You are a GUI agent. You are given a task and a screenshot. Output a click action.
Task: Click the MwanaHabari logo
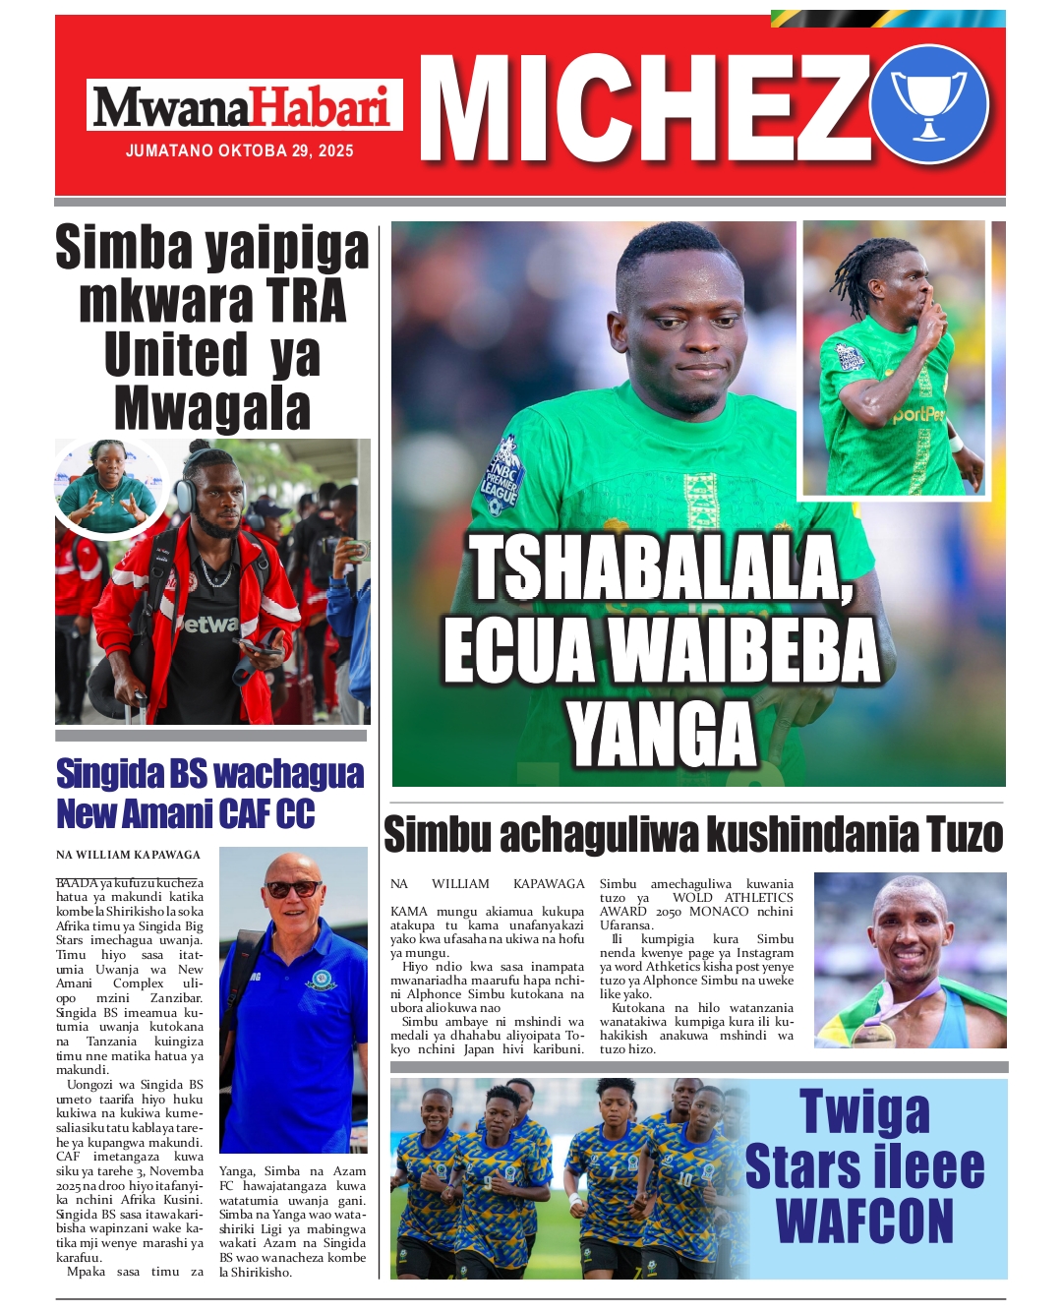[x=244, y=106]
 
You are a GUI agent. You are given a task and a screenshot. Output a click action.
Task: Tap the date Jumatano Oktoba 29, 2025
[x=239, y=151]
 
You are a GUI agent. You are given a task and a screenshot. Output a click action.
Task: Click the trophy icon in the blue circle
[x=928, y=104]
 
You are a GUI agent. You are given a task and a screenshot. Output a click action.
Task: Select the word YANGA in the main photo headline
[x=662, y=736]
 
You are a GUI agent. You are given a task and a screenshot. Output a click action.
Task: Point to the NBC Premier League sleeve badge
[x=501, y=477]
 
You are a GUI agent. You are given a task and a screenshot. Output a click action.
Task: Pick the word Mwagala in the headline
[x=212, y=408]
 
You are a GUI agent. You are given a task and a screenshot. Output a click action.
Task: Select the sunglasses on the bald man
[x=293, y=888]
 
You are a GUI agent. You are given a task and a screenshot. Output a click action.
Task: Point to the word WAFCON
[x=864, y=1222]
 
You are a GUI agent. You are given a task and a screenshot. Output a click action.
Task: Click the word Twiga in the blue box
[x=864, y=1111]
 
